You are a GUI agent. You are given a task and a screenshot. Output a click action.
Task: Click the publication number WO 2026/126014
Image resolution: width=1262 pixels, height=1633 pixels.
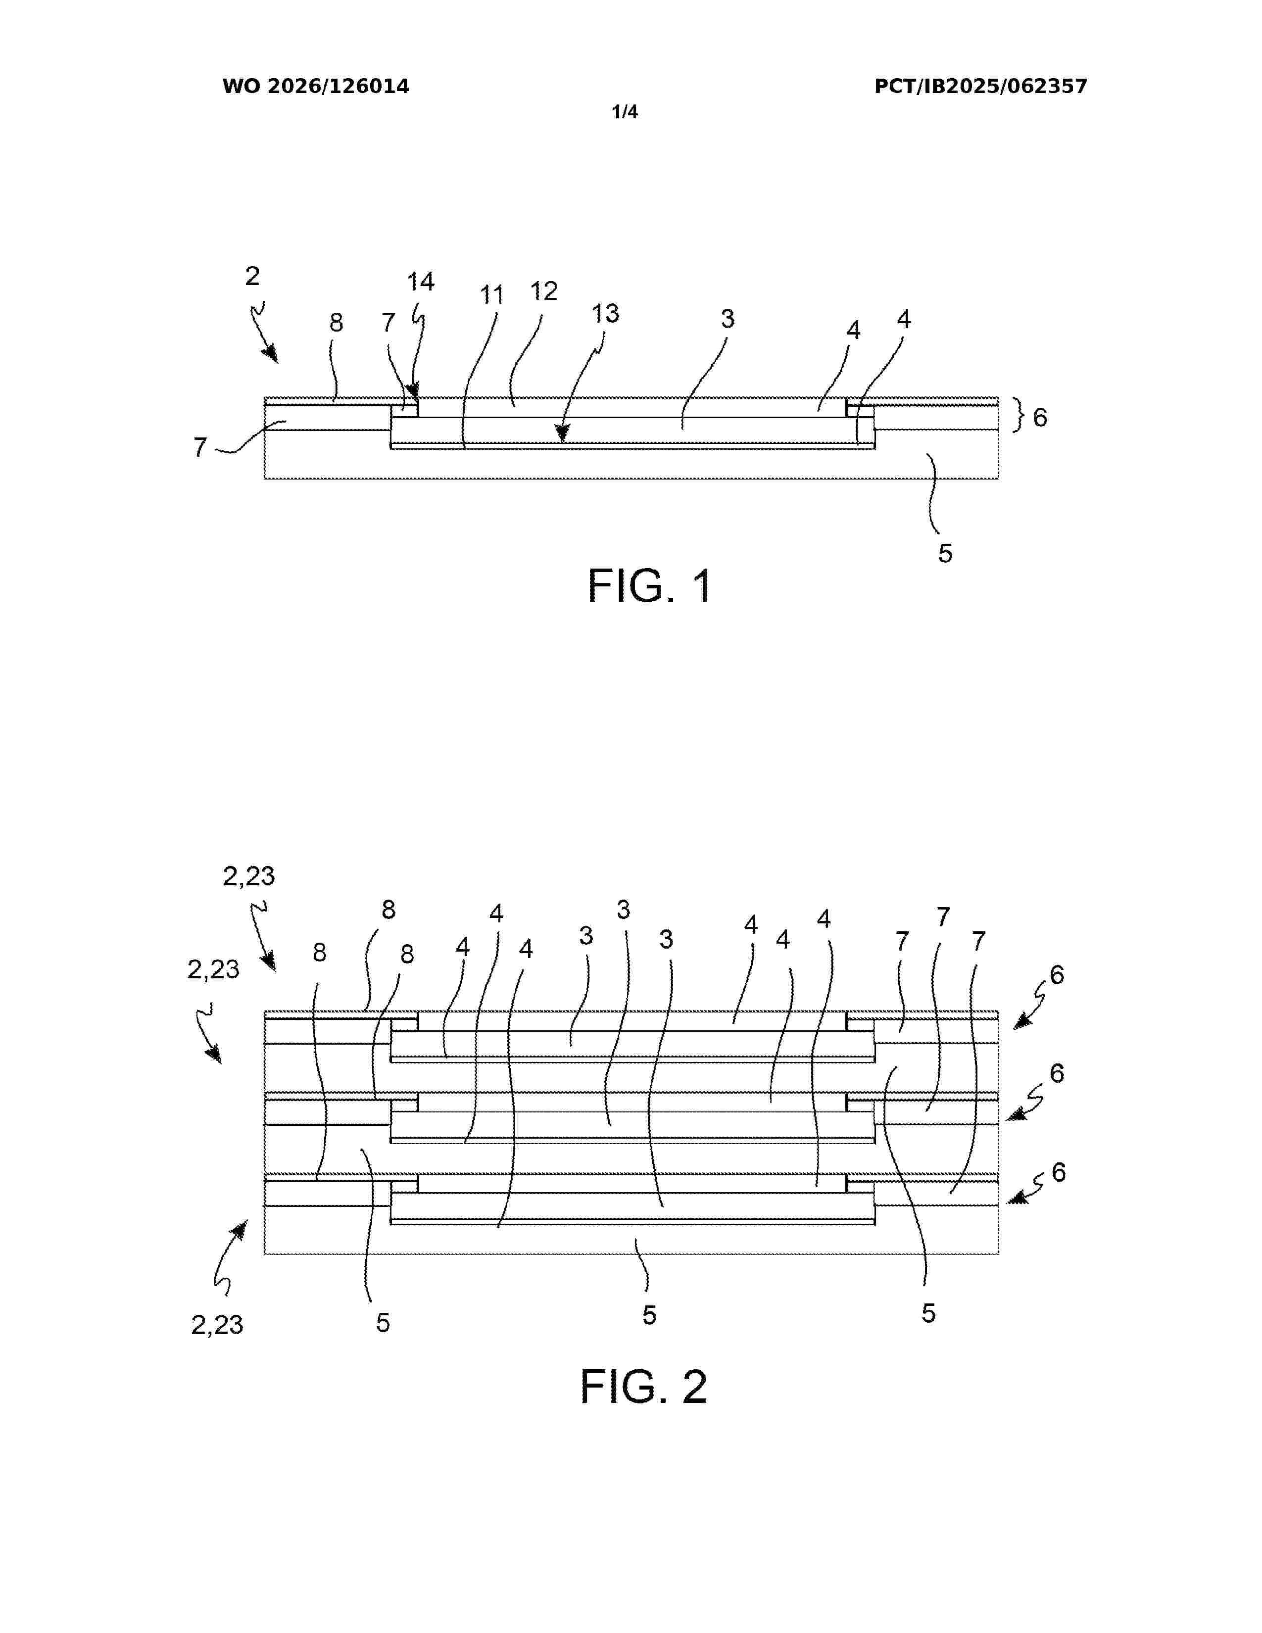point(316,87)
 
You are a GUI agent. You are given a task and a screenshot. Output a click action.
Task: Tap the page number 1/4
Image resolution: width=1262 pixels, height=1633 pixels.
point(625,112)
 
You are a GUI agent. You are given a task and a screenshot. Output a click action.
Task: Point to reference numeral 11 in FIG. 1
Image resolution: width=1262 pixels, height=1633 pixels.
point(491,295)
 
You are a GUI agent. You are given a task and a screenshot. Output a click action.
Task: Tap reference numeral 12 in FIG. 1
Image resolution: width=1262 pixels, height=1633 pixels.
point(544,291)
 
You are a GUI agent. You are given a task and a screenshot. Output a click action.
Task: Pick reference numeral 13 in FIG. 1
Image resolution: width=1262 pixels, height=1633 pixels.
point(606,313)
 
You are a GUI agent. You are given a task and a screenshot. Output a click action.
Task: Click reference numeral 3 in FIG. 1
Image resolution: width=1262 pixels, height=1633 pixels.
point(728,319)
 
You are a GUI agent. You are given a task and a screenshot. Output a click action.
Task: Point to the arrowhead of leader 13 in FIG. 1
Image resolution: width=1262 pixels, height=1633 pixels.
point(562,432)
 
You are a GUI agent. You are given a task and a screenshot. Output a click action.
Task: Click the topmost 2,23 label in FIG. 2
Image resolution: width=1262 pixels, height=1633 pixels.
point(249,875)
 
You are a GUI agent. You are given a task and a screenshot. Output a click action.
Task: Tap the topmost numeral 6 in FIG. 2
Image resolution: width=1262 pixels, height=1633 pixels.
point(1057,974)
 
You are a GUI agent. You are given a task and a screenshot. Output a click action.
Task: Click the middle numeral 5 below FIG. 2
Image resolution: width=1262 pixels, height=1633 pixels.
point(649,1315)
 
